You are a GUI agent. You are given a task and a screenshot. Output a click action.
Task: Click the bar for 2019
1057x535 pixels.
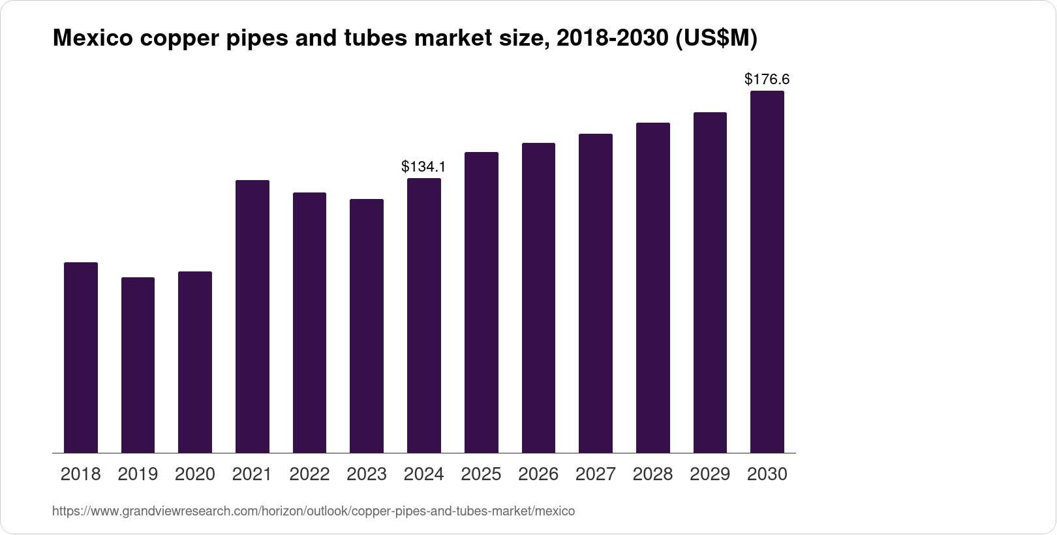138,365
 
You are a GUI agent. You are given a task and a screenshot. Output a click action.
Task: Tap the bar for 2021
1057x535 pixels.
252,316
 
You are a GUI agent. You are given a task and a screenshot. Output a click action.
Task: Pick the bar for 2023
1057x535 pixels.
367,326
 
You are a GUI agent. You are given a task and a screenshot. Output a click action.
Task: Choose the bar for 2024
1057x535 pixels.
423,316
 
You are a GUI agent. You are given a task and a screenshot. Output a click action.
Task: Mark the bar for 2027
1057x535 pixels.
595,294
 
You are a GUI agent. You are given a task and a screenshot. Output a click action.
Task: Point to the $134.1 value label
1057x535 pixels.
423,167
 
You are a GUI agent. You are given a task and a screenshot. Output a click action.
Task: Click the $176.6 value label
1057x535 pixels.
767,80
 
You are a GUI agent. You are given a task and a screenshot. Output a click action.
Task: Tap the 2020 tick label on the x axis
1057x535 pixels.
194,474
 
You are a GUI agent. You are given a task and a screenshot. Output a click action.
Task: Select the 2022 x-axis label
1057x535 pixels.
309,474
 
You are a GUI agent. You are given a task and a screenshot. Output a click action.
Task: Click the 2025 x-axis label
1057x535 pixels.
481,474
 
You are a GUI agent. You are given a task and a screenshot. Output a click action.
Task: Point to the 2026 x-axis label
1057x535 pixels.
538,474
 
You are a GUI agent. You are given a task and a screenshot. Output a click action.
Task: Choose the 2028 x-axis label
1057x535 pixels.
652,474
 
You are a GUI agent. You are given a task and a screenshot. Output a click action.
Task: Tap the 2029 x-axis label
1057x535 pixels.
710,474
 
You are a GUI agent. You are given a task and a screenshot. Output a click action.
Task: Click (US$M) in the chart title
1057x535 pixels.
716,38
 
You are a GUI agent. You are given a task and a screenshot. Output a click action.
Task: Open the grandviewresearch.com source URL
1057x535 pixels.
313,512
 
